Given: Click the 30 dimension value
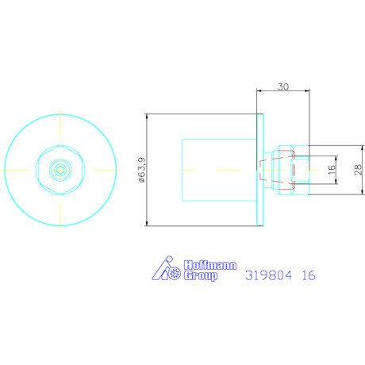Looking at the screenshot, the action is [x=283, y=86].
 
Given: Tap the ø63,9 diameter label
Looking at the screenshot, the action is [x=142, y=170].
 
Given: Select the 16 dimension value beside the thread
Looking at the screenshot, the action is [x=332, y=170].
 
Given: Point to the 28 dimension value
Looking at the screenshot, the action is [x=358, y=170].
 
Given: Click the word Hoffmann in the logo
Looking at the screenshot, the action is [x=210, y=265].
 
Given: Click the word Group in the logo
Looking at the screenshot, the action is [x=201, y=275].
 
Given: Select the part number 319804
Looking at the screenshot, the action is [x=269, y=275].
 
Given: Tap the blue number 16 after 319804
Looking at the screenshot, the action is [x=309, y=275].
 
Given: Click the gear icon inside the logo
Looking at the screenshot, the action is [x=174, y=274].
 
